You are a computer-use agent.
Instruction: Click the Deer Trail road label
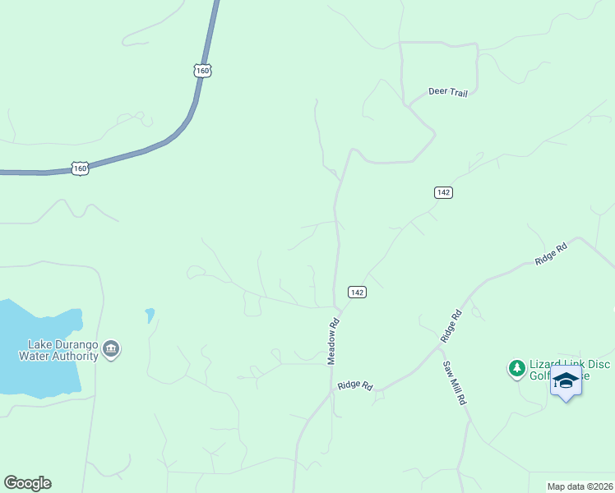[x=448, y=93]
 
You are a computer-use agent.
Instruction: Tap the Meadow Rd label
[x=334, y=342]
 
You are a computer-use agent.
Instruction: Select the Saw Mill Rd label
[x=454, y=383]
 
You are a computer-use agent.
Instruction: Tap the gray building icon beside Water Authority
[x=111, y=350]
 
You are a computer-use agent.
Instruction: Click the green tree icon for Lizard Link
[x=517, y=368]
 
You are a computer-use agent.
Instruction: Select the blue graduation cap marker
[x=566, y=381]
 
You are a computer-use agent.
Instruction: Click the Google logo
[x=27, y=483]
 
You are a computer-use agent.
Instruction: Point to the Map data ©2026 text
[x=580, y=486]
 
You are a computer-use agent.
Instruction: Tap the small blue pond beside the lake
[x=150, y=314]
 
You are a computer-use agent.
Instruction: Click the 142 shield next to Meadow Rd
[x=356, y=292]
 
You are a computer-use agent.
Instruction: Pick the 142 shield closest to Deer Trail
[x=443, y=192]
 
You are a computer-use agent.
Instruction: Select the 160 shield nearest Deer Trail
[x=203, y=70]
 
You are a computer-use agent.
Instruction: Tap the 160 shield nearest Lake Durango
[x=79, y=168]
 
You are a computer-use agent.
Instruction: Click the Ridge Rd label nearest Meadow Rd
[x=355, y=385]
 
